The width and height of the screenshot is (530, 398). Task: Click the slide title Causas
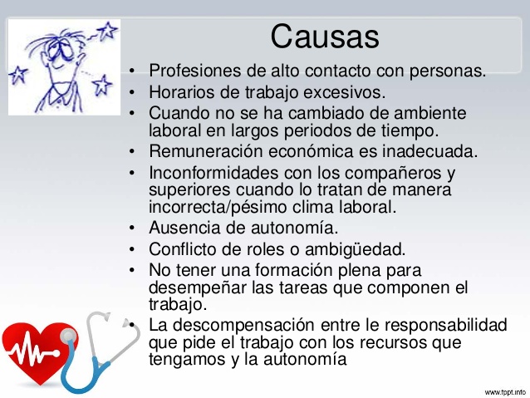[x=325, y=37]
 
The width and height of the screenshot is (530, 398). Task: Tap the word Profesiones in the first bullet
[x=195, y=71]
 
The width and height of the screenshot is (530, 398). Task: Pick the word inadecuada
[x=430, y=151]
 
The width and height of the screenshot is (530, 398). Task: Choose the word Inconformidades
[x=213, y=173]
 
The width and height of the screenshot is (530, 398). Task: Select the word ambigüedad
[x=355, y=250]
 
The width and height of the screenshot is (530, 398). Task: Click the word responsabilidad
[x=446, y=326]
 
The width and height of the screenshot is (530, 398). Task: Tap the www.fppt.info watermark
[x=505, y=392]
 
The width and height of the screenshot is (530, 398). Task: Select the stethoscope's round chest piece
[x=68, y=336]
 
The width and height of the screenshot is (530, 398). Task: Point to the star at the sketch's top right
[x=108, y=31]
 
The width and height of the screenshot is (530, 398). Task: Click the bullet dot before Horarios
[x=132, y=92]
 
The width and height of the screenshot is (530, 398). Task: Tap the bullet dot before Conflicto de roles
[x=132, y=250]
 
